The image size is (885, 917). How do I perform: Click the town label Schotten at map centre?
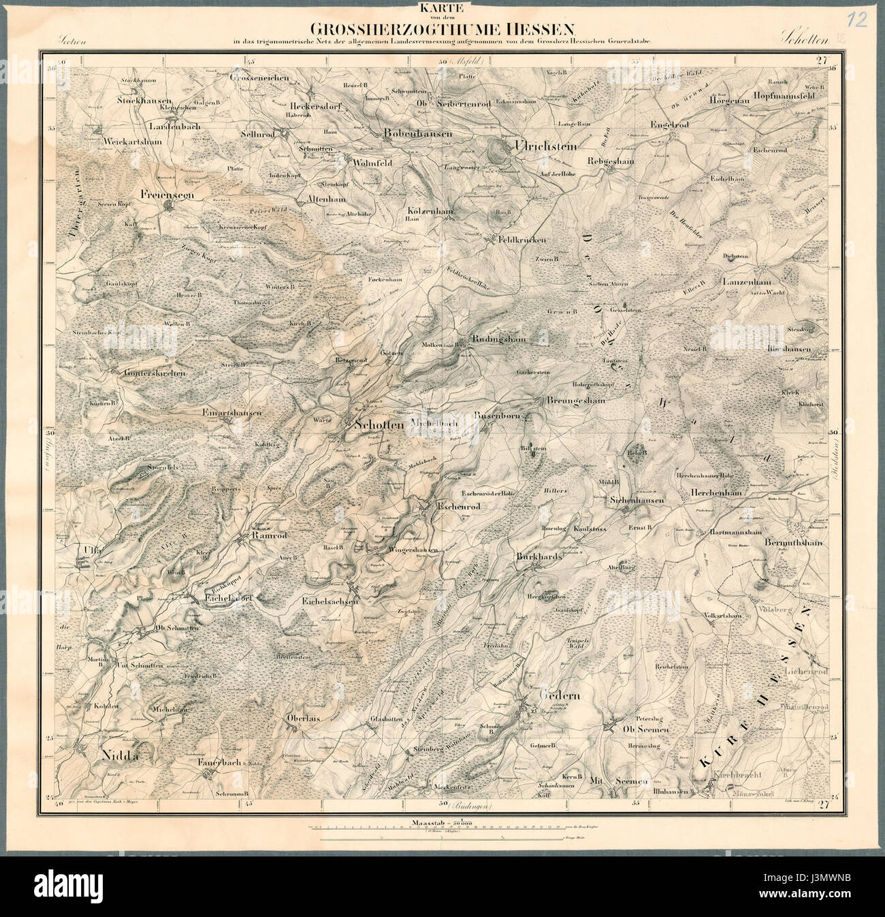[x=380, y=424]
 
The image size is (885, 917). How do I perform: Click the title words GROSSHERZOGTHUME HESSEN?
[x=443, y=29]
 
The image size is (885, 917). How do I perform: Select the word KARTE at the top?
[x=442, y=9]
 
